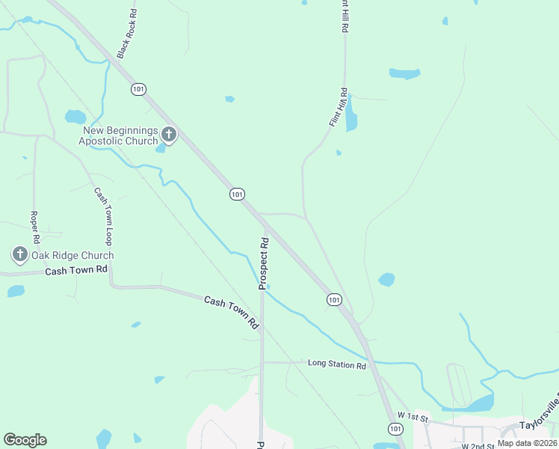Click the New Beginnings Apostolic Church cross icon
(169, 135)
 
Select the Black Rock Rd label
(128, 34)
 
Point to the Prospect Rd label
(264, 263)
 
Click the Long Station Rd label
(337, 364)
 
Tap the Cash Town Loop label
(103, 216)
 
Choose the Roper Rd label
(34, 227)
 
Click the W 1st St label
(413, 415)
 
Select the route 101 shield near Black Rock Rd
(138, 89)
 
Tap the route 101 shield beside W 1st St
(395, 428)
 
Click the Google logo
(25, 440)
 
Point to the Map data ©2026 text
(527, 443)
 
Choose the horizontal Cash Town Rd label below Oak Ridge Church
(76, 270)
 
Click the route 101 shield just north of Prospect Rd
(237, 194)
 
